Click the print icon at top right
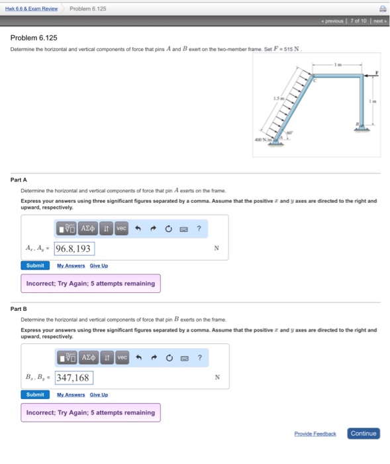coord(381,9)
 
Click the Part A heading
coord(19,180)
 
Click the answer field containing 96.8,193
coord(74,249)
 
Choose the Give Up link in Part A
coord(99,265)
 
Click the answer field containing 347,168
coord(73,378)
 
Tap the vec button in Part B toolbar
coord(121,358)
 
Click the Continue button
coord(364,434)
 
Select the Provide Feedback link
coord(315,434)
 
